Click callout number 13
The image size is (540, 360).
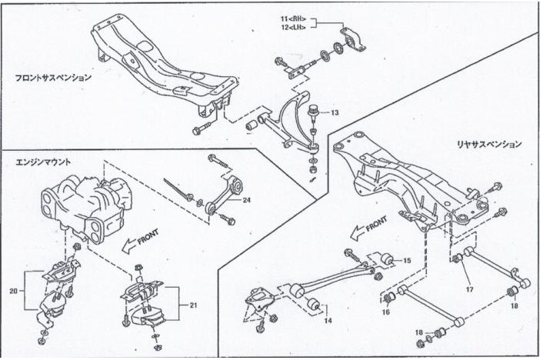click(x=335, y=112)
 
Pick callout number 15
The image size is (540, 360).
click(x=407, y=261)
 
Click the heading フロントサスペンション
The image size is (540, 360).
click(x=53, y=78)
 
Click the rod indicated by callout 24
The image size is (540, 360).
click(x=227, y=192)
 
